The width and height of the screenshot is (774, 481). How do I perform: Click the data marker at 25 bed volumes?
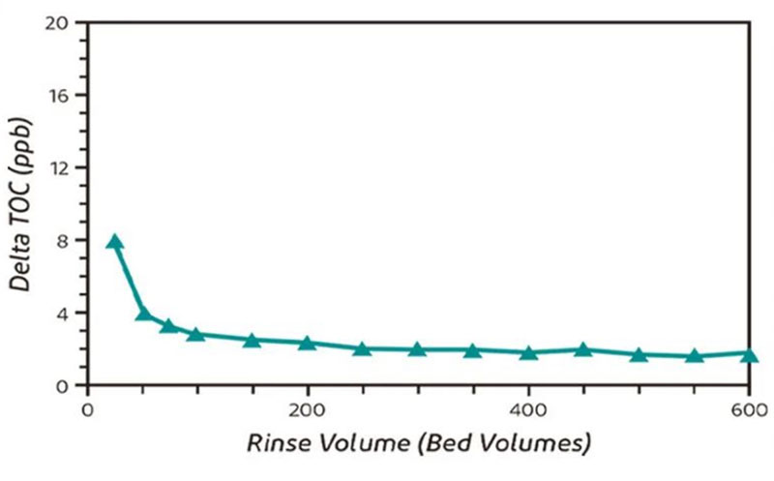pyautogui.click(x=115, y=242)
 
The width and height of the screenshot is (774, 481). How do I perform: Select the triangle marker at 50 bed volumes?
pyautogui.click(x=143, y=313)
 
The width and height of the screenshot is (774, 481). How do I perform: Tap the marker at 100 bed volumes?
pyautogui.click(x=196, y=335)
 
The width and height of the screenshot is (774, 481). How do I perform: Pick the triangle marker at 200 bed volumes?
pyautogui.click(x=308, y=343)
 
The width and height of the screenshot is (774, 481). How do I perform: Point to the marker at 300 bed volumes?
pyautogui.click(x=417, y=348)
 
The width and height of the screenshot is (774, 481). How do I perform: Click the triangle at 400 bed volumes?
pyautogui.click(x=528, y=352)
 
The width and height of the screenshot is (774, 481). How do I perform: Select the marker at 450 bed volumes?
pyautogui.click(x=583, y=348)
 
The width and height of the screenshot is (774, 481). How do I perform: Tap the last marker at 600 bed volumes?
pyautogui.click(x=749, y=354)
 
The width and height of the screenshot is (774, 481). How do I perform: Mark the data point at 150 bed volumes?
pyautogui.click(x=253, y=340)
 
